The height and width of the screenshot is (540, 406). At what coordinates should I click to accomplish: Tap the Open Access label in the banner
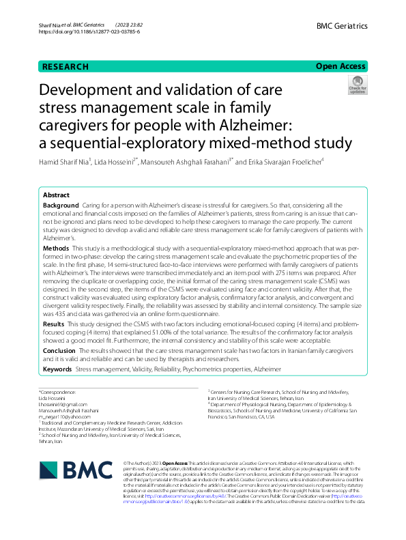coord(340,66)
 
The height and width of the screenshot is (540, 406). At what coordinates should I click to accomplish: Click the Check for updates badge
coord(357,85)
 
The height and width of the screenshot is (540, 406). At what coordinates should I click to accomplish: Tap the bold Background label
coord(61,205)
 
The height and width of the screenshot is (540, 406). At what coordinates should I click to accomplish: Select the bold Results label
coord(55,323)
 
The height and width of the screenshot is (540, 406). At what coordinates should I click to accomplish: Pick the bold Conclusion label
coord(59,350)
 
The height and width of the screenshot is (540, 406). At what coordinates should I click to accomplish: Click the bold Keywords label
coord(58,369)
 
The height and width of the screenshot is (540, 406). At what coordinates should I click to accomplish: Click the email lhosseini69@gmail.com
coord(63,405)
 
